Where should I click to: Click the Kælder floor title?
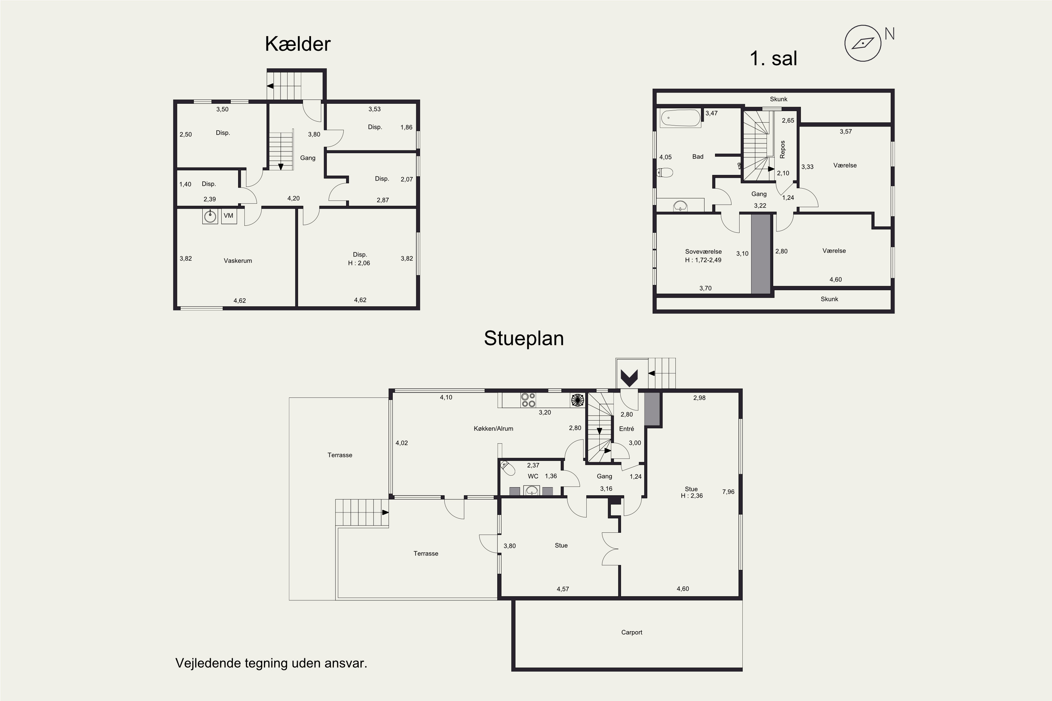[x=297, y=44]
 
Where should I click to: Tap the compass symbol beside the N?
[x=863, y=43]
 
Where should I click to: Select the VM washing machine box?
[x=229, y=216]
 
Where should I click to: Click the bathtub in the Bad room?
[x=681, y=118]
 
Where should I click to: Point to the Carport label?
[x=632, y=632]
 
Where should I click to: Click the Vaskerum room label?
[x=238, y=261]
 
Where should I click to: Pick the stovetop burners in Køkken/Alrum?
[x=528, y=400]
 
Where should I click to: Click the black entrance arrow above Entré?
[x=629, y=378]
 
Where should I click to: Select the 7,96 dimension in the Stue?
[x=728, y=492]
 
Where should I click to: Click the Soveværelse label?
[x=703, y=252]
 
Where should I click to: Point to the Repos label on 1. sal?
[x=783, y=149]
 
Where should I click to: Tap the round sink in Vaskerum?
[x=210, y=216]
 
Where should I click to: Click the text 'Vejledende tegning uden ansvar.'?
[x=271, y=663]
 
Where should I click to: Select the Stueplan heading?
[x=524, y=339]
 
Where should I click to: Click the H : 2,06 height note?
[x=359, y=263]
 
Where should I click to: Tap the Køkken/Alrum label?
[x=493, y=428]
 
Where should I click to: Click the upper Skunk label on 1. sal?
[x=778, y=99]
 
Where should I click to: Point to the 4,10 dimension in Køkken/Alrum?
[x=446, y=397]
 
